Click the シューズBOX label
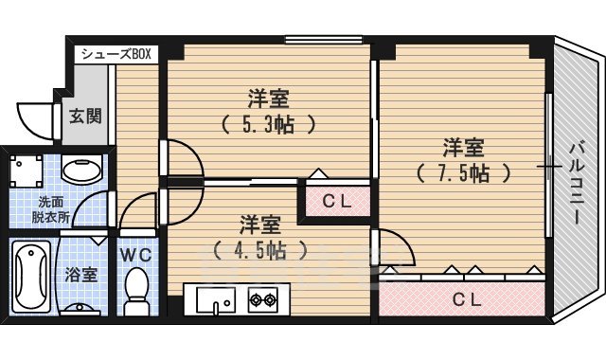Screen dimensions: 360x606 pyautogui.click(x=116, y=53)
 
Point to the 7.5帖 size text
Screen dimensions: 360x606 pyautogui.click(x=463, y=173)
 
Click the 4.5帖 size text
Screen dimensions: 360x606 pyautogui.click(x=258, y=250)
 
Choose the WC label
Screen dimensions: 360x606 pyautogui.click(x=136, y=255)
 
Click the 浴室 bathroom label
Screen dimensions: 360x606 pyautogui.click(x=81, y=276)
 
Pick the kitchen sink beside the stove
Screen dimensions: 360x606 pyautogui.click(x=217, y=301)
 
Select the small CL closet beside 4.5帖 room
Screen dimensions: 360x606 pyautogui.click(x=335, y=200)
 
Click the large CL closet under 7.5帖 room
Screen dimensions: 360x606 pyautogui.click(x=463, y=299)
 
